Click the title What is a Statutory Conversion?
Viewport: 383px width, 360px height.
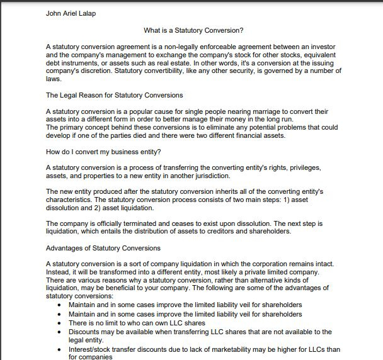pos(193,30)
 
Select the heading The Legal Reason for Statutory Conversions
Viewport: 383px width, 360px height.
pos(115,96)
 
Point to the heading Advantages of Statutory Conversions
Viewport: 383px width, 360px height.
pos(103,248)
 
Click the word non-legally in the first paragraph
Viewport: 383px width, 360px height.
pos(178,48)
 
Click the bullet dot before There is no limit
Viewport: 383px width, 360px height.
pos(59,323)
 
